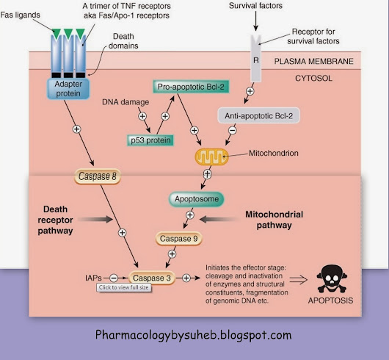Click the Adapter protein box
pyautogui.click(x=68, y=89)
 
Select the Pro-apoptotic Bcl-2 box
pyautogui.click(x=191, y=87)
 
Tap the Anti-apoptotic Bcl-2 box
pyautogui.click(x=259, y=115)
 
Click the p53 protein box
pyautogui.click(x=150, y=140)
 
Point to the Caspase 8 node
pyautogui.click(x=98, y=176)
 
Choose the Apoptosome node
pyautogui.click(x=197, y=199)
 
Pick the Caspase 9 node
pyautogui.click(x=178, y=239)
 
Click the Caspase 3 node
pyautogui.click(x=152, y=278)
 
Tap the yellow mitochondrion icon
pyautogui.click(x=211, y=157)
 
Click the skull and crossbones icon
pyautogui.click(x=332, y=278)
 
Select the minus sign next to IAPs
pyautogui.click(x=114, y=278)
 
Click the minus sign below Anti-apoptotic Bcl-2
pyautogui.click(x=233, y=130)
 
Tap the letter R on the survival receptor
pyautogui.click(x=256, y=60)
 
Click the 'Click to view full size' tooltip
pyautogui.click(x=124, y=287)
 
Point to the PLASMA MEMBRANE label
pyautogui.click(x=314, y=61)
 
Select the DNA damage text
pyautogui.click(x=126, y=102)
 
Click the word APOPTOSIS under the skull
pyautogui.click(x=330, y=300)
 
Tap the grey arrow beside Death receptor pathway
pyautogui.click(x=95, y=219)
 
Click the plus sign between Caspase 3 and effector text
pyautogui.click(x=186, y=278)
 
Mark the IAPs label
pyautogui.click(x=93, y=278)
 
